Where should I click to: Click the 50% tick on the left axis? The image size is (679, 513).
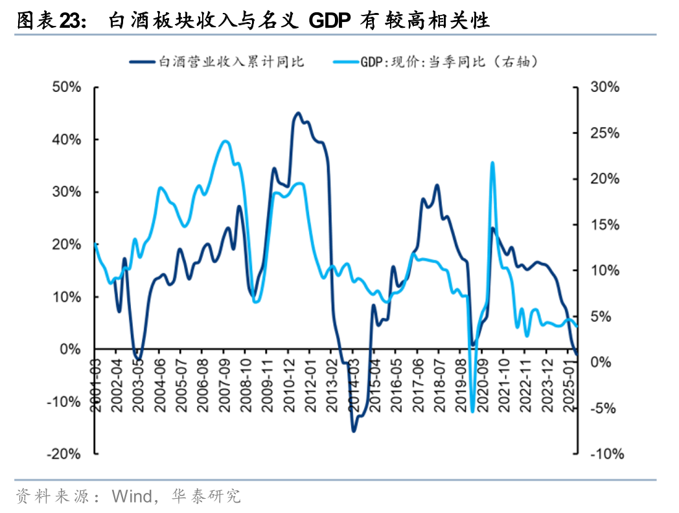coord(65,87)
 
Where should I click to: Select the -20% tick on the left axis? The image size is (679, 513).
coord(63,454)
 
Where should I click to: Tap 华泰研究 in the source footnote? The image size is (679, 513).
coord(206,497)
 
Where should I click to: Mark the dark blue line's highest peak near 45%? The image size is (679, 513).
coord(298,113)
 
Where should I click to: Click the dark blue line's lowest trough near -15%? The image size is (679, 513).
coord(354,431)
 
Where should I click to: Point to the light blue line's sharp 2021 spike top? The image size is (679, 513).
coord(492,163)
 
